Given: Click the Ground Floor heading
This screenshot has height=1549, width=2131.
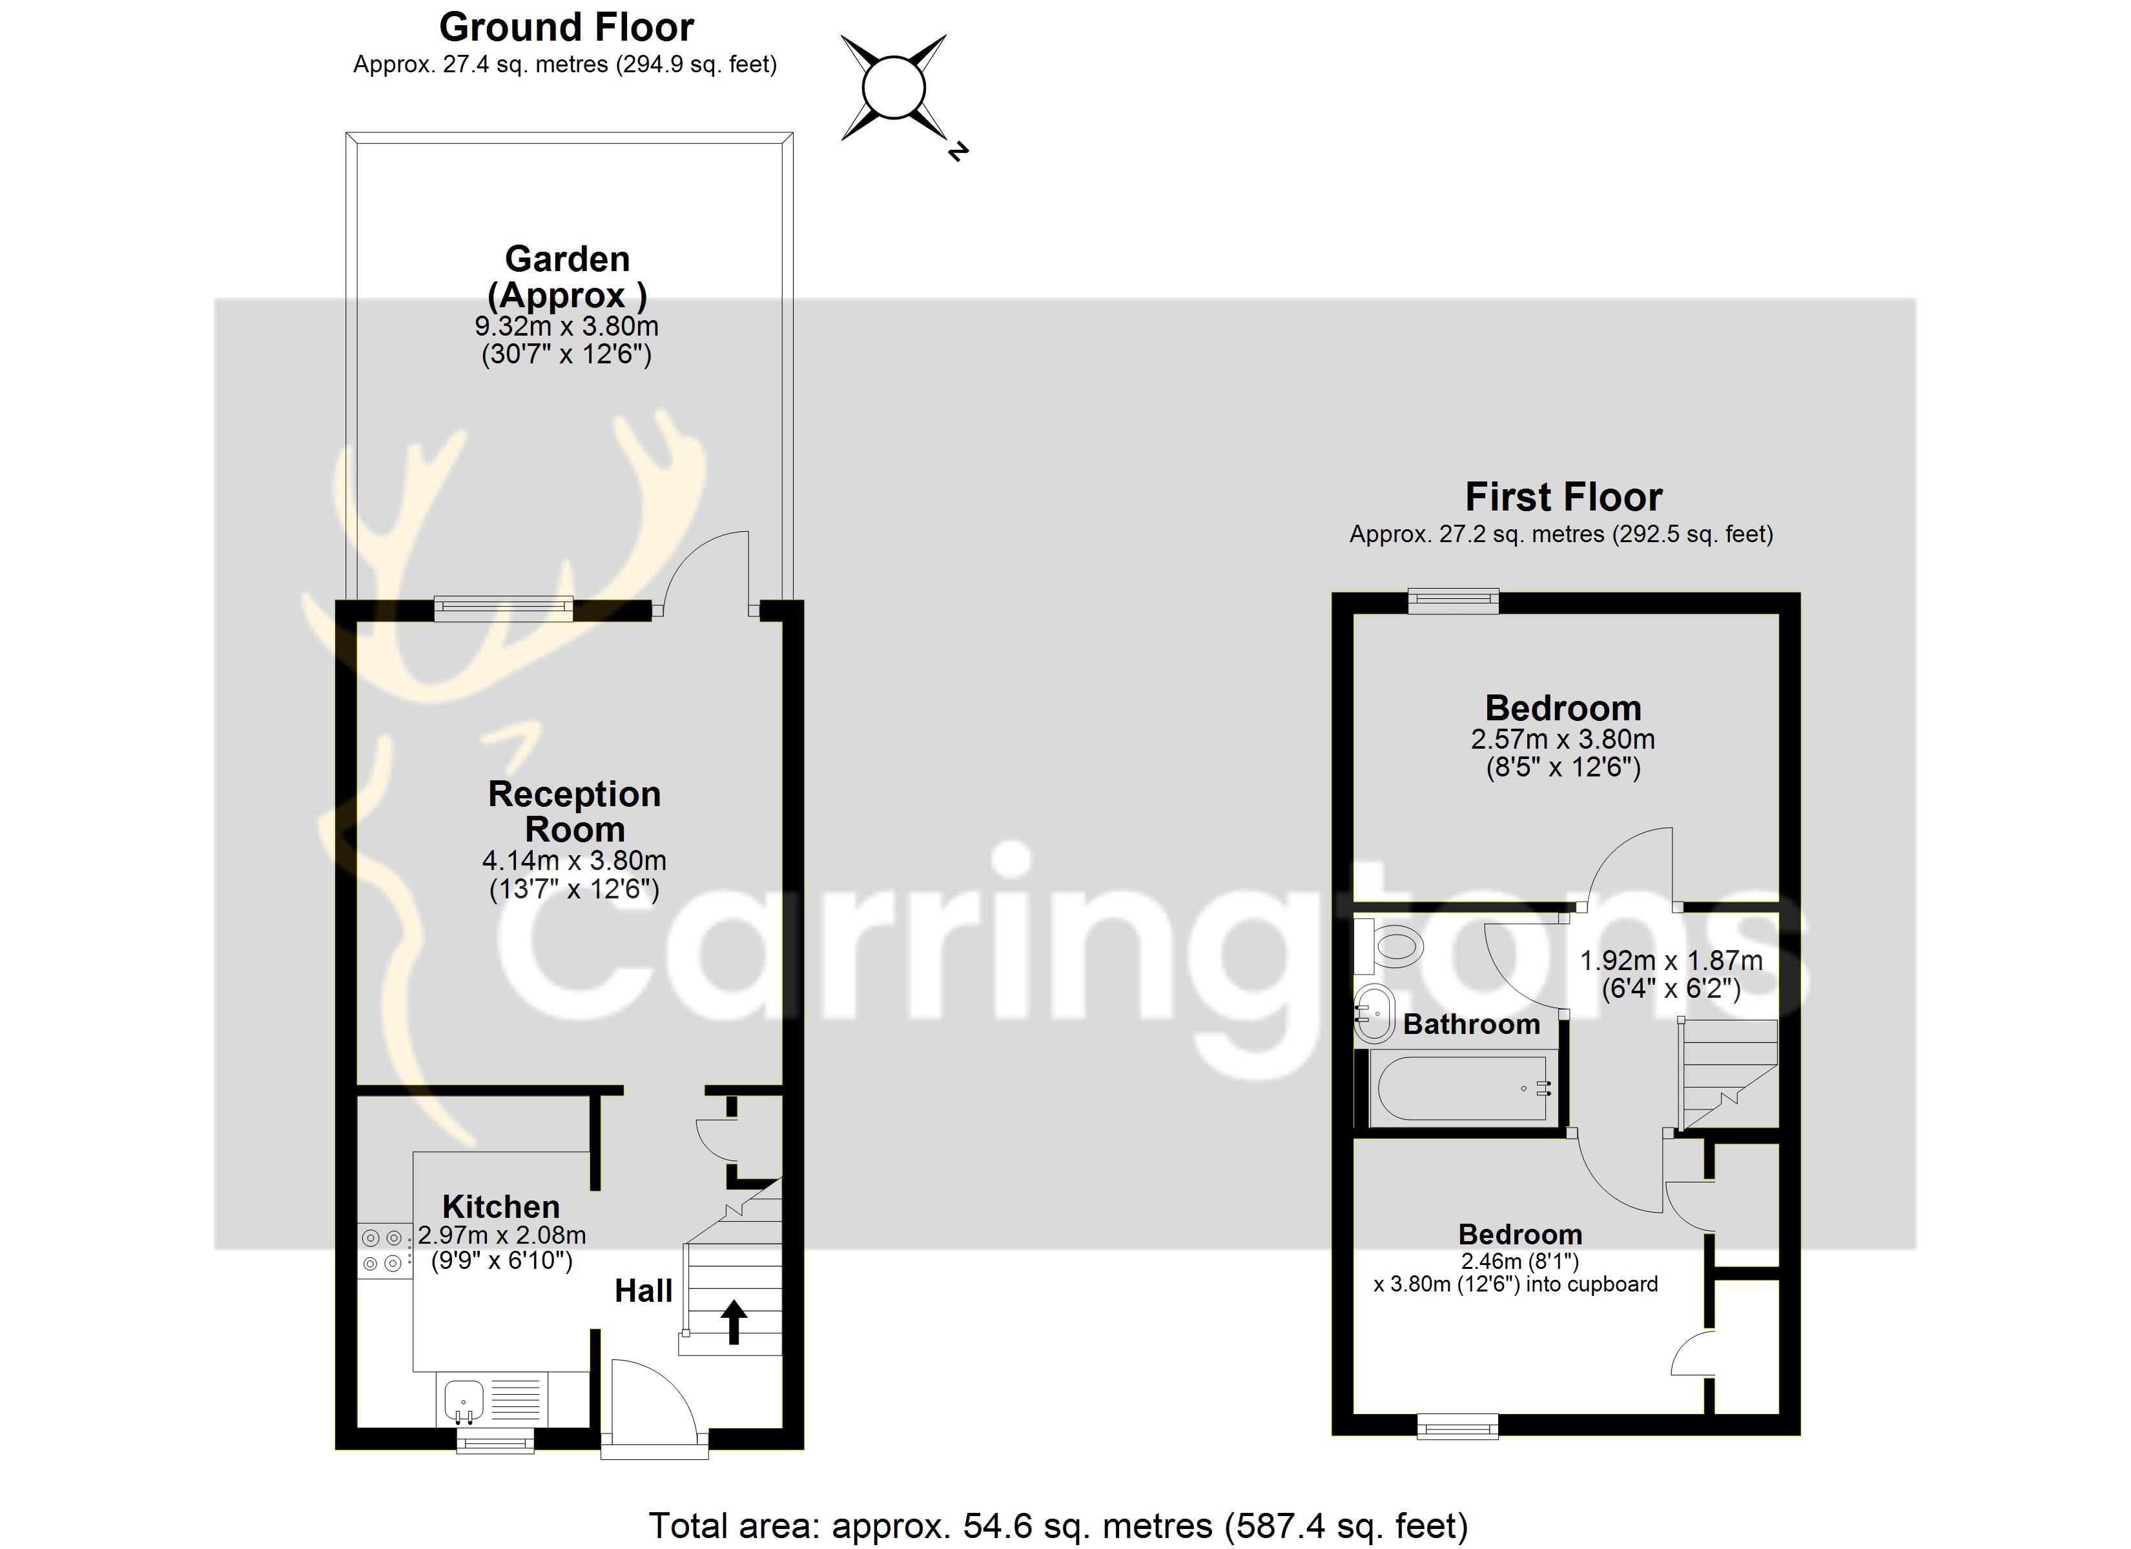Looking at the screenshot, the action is coord(566,27).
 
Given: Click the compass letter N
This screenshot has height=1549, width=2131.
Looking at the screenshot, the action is coord(958,150).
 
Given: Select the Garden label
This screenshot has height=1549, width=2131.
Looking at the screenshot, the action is coord(566,258).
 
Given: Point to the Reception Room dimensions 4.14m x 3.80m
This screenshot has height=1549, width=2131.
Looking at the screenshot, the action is coord(574,860).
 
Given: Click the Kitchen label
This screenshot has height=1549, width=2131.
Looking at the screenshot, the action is coord(501,1206).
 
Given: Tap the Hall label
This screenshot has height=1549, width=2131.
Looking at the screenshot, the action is coord(644,1291).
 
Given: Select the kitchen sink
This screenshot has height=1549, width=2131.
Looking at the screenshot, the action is coord(463,1401).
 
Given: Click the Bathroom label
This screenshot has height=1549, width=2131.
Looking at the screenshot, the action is coord(1472,1024).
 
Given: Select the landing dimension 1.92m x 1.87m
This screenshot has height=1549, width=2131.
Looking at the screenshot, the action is coord(1671,960).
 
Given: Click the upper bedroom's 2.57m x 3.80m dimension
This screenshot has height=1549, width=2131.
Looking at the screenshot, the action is coord(1563,739).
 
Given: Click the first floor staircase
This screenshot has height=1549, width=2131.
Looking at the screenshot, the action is coord(1728,1074).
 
